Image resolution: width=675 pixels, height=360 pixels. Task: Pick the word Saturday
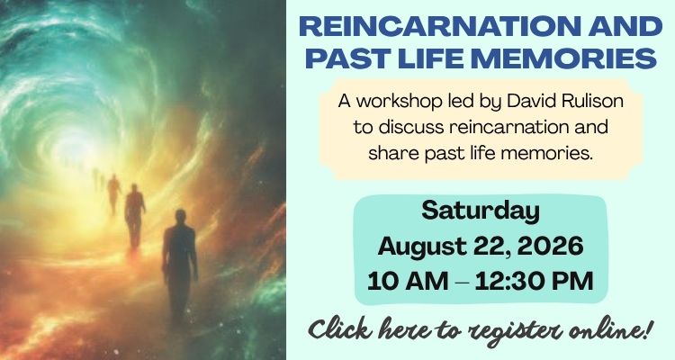coord(481,211)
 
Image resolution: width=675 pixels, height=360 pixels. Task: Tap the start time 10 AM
coord(408,281)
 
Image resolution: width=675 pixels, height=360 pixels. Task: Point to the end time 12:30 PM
coord(535,281)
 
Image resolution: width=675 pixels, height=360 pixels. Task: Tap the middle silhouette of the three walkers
coord(134,216)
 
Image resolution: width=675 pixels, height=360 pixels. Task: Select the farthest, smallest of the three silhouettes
coord(114,193)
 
